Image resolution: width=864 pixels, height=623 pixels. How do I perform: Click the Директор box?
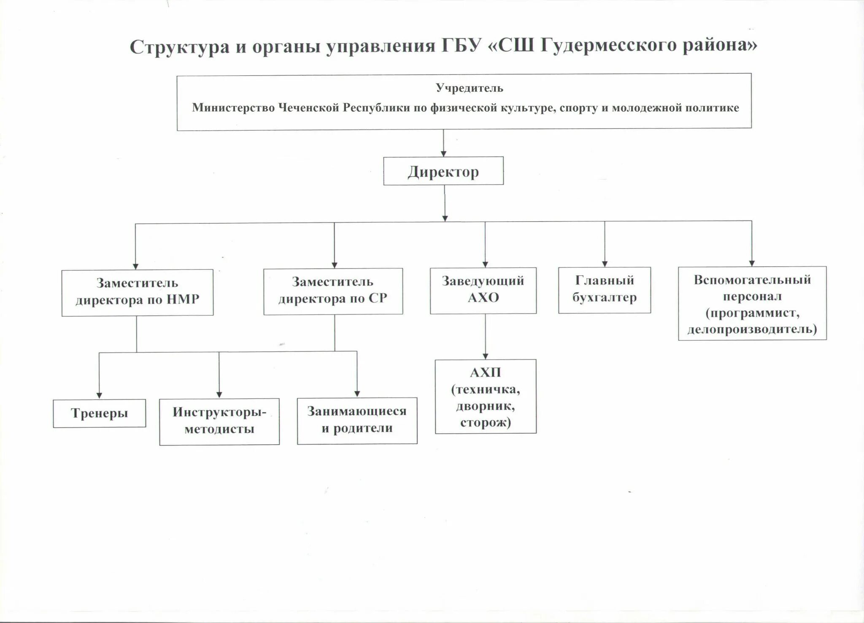tap(443, 171)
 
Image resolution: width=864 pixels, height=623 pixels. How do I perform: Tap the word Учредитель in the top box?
tap(469, 88)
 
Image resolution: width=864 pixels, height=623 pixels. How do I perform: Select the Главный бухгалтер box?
tap(604, 290)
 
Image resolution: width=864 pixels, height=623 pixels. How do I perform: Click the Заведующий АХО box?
tap(483, 290)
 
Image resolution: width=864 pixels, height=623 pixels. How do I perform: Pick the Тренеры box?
tap(99, 413)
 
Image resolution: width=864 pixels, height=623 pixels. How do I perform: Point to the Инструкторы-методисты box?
tap(219, 421)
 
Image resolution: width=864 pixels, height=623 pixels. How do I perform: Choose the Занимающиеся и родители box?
tap(357, 420)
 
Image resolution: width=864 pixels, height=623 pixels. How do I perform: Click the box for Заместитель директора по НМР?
tap(137, 292)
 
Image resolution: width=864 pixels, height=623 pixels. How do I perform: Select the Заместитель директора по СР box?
tap(333, 291)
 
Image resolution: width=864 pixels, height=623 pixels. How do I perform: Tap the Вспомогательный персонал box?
tap(752, 303)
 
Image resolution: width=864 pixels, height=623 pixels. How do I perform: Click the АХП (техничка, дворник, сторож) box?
tap(485, 396)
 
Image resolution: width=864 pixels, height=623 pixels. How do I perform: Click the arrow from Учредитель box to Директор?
tap(443, 143)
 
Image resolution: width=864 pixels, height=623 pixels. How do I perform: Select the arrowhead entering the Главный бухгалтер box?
tap(605, 263)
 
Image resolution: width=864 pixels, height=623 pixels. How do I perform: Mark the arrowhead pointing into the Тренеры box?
tap(99, 395)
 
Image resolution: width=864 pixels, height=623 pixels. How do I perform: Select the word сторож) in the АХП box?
tap(485, 423)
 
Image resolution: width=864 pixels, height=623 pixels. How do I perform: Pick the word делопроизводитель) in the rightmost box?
tap(752, 329)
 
